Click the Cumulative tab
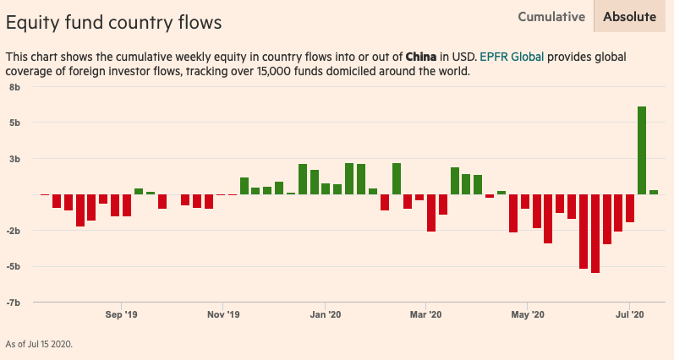[551, 16]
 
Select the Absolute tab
[629, 16]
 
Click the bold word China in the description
[420, 57]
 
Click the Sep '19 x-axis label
[121, 315]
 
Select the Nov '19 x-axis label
[223, 315]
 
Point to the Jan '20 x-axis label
[325, 315]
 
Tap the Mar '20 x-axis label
[425, 315]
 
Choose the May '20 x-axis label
[527, 315]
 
